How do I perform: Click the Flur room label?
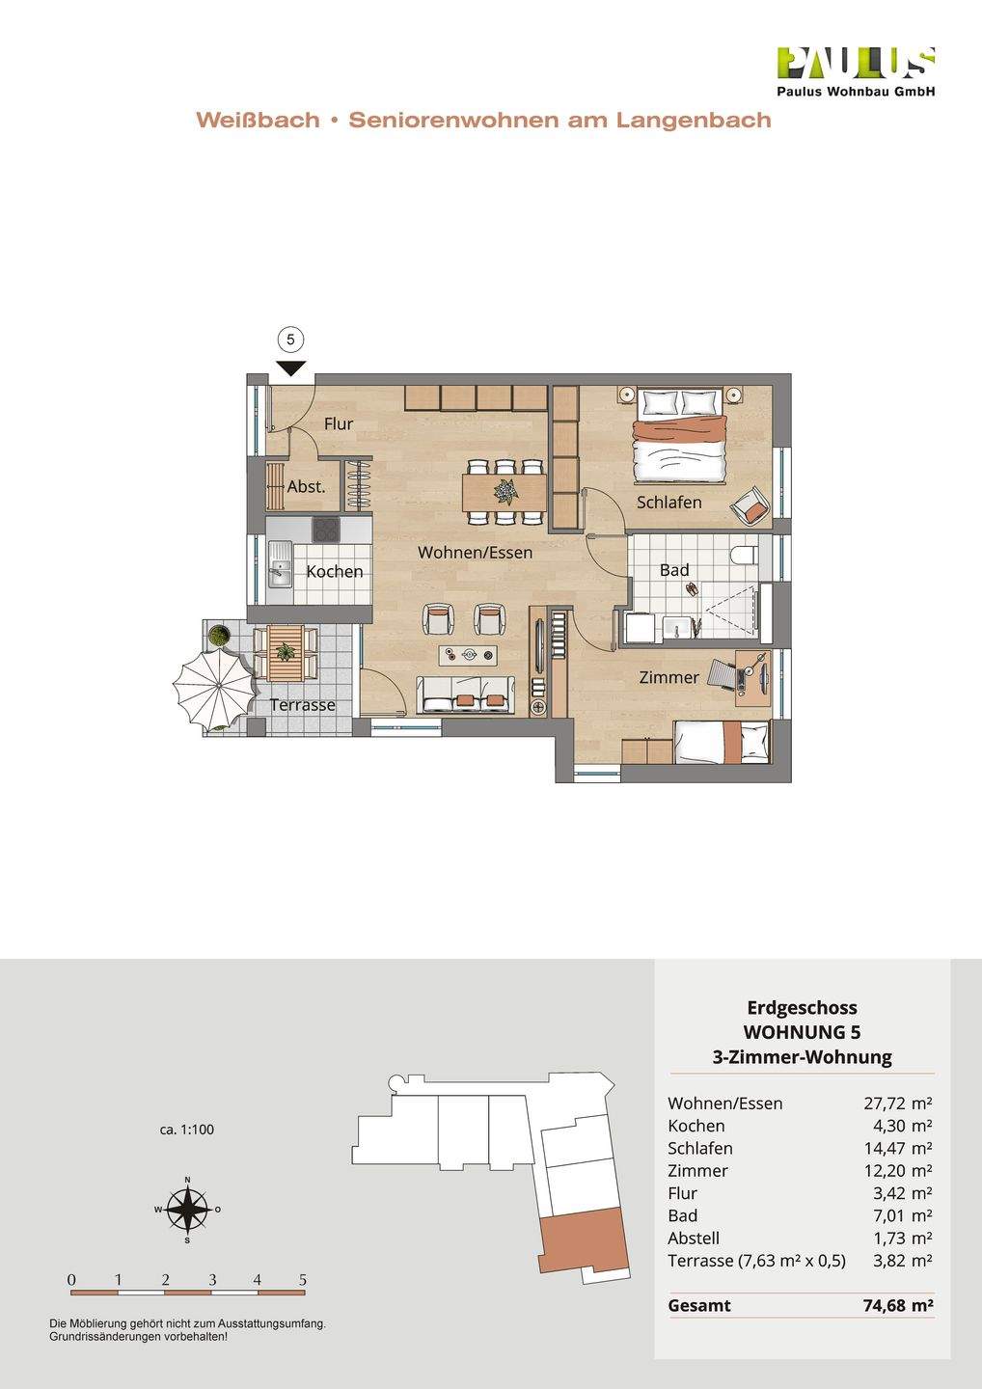(339, 423)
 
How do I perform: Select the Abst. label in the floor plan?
(306, 487)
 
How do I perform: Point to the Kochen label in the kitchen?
(335, 571)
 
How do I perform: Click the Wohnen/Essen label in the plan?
(475, 553)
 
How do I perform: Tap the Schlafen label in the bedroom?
(668, 503)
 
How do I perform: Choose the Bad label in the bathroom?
(674, 570)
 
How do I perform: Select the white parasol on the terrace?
(214, 687)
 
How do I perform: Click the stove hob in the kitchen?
(327, 530)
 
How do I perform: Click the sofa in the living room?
(465, 694)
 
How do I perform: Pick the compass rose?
(187, 1209)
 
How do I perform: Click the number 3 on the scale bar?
(211, 1280)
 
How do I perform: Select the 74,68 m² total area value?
(897, 1306)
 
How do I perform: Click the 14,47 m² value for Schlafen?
(897, 1148)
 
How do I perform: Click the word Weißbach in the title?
(258, 121)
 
